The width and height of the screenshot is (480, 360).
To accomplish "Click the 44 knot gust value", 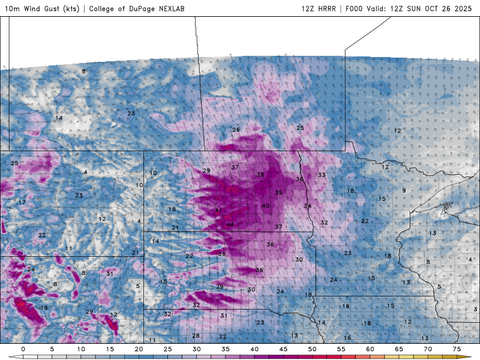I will pyautogui.click(x=230, y=224).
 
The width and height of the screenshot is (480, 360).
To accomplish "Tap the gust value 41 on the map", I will pyautogui.click(x=218, y=209).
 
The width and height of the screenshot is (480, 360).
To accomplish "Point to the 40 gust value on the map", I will pyautogui.click(x=265, y=206).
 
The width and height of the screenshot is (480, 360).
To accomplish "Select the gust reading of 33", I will pyautogui.click(x=322, y=175).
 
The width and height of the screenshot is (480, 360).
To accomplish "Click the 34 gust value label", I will pyautogui.click(x=307, y=206).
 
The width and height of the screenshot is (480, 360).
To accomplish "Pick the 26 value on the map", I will pyautogui.click(x=236, y=130).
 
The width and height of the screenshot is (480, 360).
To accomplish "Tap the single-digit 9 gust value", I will pyautogui.click(x=404, y=191).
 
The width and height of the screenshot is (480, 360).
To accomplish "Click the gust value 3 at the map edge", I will pyautogui.click(x=475, y=310).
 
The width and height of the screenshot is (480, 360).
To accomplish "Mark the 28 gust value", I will pyautogui.click(x=196, y=336).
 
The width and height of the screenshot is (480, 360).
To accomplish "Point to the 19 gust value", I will pyautogui.click(x=44, y=308).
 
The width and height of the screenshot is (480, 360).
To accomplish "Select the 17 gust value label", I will pyautogui.click(x=22, y=203).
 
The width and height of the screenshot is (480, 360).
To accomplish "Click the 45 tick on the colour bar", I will pyautogui.click(x=283, y=349).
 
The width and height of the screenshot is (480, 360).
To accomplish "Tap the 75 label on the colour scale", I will pyautogui.click(x=457, y=349).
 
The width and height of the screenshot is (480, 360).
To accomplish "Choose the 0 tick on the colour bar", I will pyautogui.click(x=23, y=349).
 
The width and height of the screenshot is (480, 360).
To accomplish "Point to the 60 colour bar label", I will pyautogui.click(x=370, y=349).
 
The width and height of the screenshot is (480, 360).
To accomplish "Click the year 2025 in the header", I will pyautogui.click(x=463, y=9).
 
